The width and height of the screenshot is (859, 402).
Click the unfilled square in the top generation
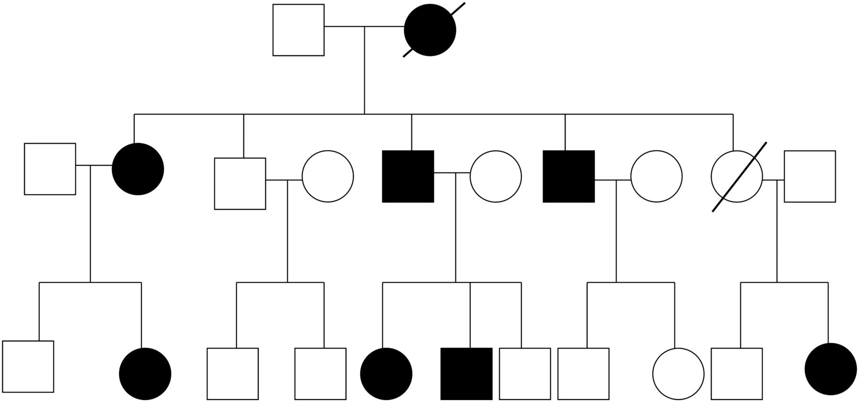298,30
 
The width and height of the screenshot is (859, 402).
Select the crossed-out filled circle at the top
430,30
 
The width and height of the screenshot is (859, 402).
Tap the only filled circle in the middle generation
138,169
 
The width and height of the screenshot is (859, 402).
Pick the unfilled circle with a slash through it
737,177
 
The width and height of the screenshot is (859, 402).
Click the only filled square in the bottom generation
466,373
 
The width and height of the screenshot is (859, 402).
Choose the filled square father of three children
408,177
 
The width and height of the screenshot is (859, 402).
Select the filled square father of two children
569,177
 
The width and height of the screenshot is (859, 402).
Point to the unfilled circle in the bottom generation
678,373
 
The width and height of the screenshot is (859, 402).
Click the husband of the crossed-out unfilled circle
810,177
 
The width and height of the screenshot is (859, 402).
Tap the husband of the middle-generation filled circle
50,169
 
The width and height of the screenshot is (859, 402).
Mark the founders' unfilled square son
240,183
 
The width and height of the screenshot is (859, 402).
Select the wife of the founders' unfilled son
328,177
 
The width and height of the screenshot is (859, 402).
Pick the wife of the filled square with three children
496,177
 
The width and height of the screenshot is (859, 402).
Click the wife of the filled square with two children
657,177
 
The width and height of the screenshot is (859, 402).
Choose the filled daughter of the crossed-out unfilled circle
830,369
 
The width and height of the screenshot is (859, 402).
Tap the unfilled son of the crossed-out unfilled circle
736,373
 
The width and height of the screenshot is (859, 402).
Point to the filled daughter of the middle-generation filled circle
145,373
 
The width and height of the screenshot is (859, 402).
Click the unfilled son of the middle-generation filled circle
28,367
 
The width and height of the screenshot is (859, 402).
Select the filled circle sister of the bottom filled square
386,373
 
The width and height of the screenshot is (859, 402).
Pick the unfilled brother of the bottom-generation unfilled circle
583,373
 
